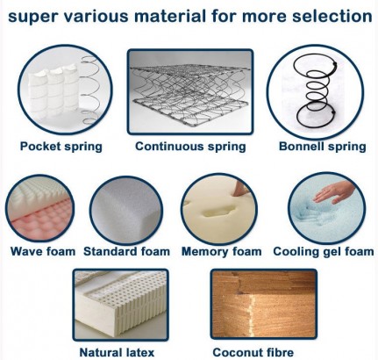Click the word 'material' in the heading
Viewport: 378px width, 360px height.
point(170,16)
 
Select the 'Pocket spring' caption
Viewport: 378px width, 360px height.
point(61,146)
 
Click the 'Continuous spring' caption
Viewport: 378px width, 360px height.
point(190,146)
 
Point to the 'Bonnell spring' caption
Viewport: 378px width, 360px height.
point(323,146)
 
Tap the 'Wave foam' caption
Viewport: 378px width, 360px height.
point(43,251)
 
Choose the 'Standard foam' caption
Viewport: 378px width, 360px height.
point(126,251)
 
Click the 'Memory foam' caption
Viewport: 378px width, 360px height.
point(221,251)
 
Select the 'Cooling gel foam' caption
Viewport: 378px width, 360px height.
point(324,251)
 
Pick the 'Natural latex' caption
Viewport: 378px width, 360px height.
point(117,352)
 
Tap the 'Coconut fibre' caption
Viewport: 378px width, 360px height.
point(253,352)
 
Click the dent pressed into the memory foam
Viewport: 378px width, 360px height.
point(220,210)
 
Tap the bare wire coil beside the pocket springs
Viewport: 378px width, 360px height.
point(90,90)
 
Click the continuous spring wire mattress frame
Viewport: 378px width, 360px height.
point(190,92)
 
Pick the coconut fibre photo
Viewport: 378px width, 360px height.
point(263,304)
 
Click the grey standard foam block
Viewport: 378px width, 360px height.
point(126,211)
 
